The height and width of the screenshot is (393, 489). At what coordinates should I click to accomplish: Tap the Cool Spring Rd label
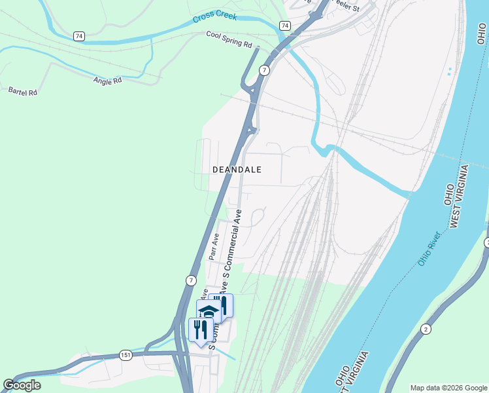(x=229, y=39)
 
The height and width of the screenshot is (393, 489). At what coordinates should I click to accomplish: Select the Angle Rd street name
(x=108, y=81)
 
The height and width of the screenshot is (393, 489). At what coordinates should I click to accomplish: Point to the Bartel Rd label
(x=23, y=92)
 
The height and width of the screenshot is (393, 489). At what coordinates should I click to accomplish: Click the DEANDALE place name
(x=237, y=170)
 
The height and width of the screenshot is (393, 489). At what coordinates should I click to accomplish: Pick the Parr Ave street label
(x=214, y=247)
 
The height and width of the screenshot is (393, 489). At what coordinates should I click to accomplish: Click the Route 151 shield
(x=126, y=355)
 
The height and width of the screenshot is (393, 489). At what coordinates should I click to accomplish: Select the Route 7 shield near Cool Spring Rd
(x=263, y=70)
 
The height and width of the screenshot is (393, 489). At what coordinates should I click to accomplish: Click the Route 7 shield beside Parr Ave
(x=191, y=280)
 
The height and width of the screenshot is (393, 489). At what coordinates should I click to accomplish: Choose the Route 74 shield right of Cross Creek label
(x=284, y=25)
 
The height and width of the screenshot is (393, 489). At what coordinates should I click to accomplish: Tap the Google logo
(x=22, y=385)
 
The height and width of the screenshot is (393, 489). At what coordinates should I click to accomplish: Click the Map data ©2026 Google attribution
(x=449, y=388)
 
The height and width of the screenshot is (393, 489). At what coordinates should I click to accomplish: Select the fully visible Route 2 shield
(x=426, y=329)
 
